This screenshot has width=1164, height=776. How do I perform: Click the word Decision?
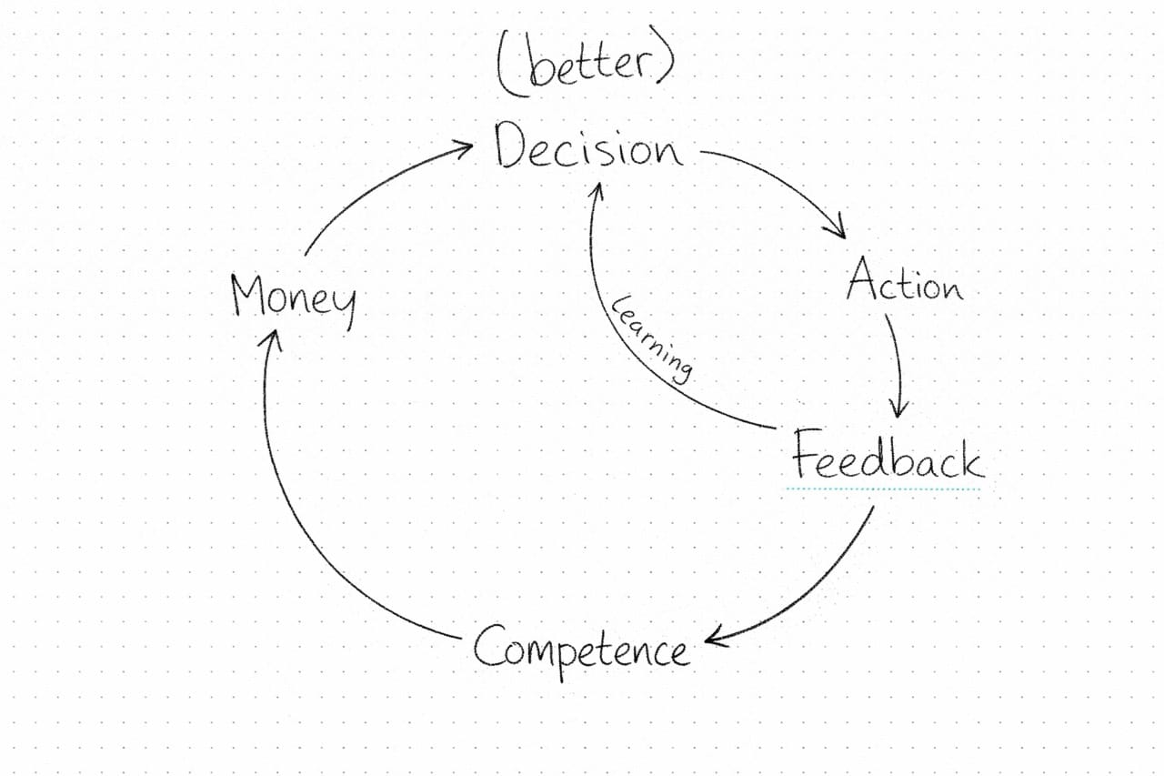588,148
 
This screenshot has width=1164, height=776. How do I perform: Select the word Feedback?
887,456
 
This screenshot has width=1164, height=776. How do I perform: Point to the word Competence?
580,650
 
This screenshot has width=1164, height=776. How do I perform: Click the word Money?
292,298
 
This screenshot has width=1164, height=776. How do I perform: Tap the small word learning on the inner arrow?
652,337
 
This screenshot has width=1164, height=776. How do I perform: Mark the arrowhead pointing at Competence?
715,639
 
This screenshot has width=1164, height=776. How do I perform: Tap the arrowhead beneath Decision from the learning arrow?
599,189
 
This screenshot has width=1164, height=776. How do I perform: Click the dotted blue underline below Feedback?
884,489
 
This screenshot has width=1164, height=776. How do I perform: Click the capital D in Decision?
511,146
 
